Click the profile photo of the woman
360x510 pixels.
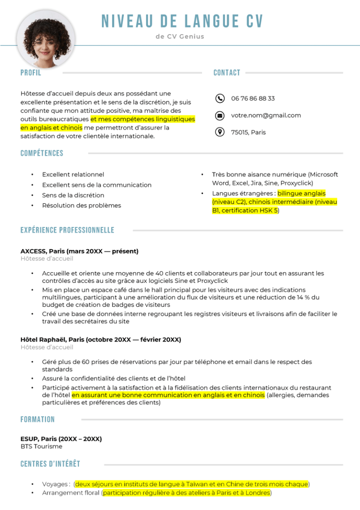pyautogui.click(x=39, y=39)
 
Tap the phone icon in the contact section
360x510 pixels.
pyautogui.click(x=219, y=98)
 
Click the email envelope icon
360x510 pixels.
pyautogui.click(x=219, y=115)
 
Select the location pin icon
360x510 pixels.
pyautogui.click(x=219, y=132)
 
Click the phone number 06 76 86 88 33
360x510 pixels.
pyautogui.click(x=253, y=99)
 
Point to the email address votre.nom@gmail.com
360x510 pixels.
pyautogui.click(x=266, y=115)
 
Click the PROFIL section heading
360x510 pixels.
pyautogui.click(x=31, y=73)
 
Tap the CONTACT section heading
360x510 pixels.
pyautogui.click(x=227, y=73)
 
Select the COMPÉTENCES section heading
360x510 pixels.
pyautogui.click(x=42, y=153)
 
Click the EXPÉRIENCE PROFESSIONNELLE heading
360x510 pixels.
pyautogui.click(x=67, y=230)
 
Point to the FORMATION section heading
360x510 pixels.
pyautogui.click(x=37, y=419)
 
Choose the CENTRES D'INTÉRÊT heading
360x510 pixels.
pyautogui.click(x=50, y=464)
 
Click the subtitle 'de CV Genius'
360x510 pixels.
pyautogui.click(x=180, y=37)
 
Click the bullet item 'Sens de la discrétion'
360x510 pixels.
pyautogui.click(x=73, y=195)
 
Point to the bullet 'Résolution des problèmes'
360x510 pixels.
pyautogui.click(x=82, y=206)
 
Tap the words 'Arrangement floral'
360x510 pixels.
pyautogui.click(x=70, y=493)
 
